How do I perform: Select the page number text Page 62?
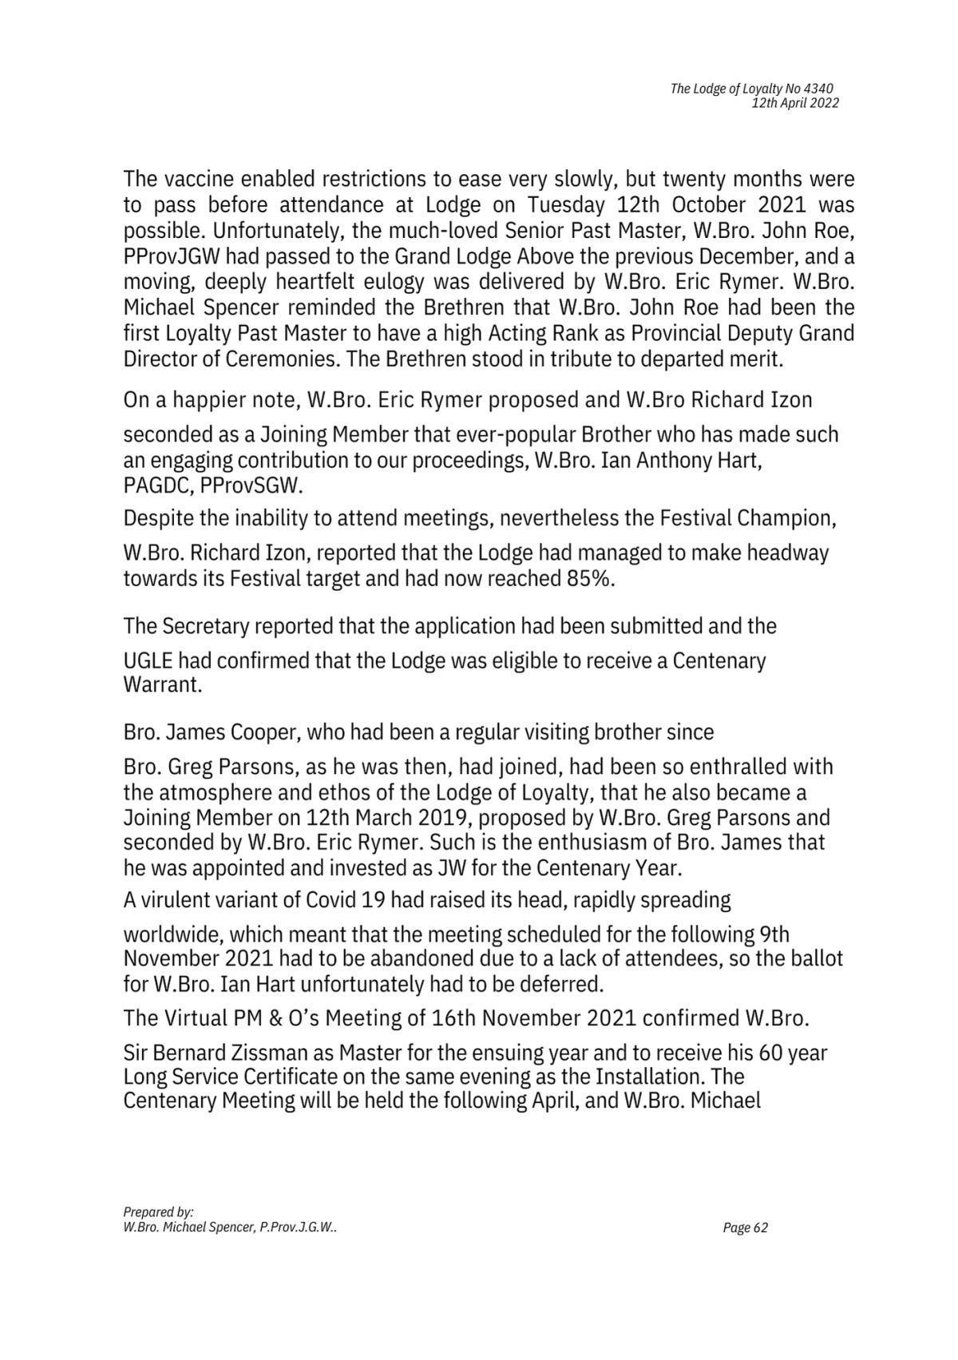pos(745,1228)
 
